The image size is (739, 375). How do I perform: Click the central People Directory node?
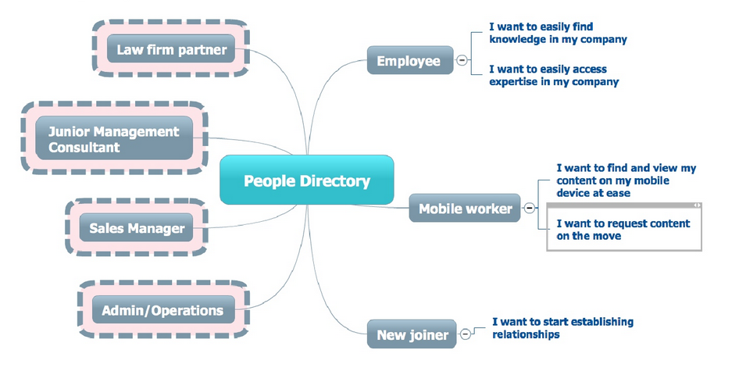tap(306, 180)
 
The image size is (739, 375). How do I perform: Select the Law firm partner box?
tap(171, 50)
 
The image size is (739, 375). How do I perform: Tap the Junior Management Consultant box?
tap(114, 139)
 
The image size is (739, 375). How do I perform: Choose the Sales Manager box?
tap(137, 228)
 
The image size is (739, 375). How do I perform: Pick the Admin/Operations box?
tap(162, 310)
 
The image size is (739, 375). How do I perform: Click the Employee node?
tap(409, 60)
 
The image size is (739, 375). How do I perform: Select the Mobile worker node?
tap(465, 209)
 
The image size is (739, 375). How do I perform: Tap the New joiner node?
tap(412, 335)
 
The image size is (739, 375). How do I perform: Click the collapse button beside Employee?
tap(462, 61)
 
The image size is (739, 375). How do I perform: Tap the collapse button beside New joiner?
tap(466, 334)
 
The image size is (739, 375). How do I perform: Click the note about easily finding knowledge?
tap(558, 33)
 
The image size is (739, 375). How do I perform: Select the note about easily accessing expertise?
tap(553, 75)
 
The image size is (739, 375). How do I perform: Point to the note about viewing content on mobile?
tap(626, 180)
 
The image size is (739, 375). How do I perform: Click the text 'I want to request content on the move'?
tap(623, 229)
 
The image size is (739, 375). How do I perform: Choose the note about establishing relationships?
tap(562, 327)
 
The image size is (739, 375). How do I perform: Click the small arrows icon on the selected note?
tap(697, 205)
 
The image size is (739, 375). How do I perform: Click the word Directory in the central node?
tap(334, 180)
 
